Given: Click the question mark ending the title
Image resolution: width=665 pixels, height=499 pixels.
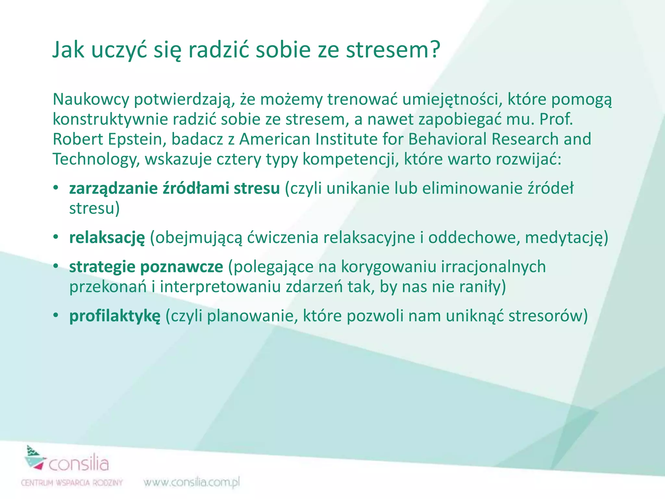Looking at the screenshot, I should pyautogui.click(x=432, y=50).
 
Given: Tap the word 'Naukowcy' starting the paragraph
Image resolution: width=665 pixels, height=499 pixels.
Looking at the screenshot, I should pyautogui.click(x=91, y=99).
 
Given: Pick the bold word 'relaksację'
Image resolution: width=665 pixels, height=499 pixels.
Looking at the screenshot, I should pyautogui.click(x=107, y=238).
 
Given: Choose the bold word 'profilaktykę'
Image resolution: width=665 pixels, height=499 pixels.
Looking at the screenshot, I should pyautogui.click(x=115, y=316).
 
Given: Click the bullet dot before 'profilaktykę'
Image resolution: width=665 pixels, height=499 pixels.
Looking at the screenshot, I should pyautogui.click(x=56, y=315).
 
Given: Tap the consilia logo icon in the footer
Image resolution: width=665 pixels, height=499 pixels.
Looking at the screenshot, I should pyautogui.click(x=34, y=457).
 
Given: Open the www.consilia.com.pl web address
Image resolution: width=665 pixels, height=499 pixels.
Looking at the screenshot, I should pyautogui.click(x=192, y=482).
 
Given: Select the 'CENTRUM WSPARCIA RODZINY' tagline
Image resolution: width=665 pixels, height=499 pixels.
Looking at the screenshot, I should pyautogui.click(x=72, y=483).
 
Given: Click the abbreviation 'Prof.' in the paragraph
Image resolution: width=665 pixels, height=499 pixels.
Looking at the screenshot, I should pyautogui.click(x=556, y=119).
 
